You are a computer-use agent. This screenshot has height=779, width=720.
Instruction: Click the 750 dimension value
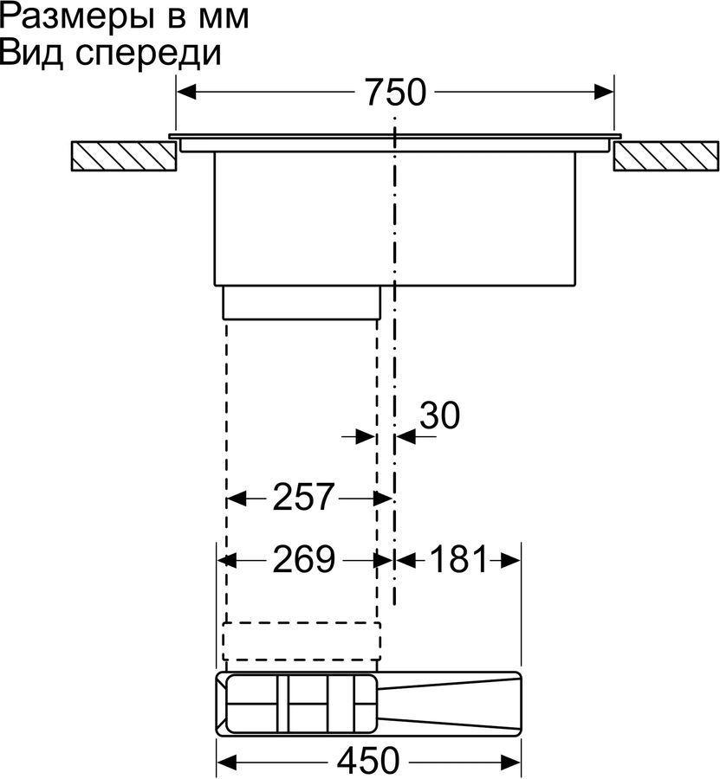click(396, 92)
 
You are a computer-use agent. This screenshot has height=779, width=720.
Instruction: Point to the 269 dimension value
click(304, 559)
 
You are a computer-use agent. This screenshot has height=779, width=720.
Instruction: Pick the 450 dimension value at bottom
click(368, 761)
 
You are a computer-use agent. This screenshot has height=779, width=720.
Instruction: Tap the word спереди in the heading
click(149, 55)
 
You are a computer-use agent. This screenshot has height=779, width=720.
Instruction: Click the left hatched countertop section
click(123, 157)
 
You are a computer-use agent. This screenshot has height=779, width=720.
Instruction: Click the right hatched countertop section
click(665, 157)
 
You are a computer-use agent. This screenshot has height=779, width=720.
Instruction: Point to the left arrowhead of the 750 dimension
click(187, 92)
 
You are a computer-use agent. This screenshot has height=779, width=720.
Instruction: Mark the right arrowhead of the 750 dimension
click(603, 92)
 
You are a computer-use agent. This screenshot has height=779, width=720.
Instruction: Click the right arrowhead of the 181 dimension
click(510, 560)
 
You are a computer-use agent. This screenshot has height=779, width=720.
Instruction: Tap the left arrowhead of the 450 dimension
click(227, 761)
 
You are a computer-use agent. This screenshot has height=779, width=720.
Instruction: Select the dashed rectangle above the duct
click(302, 641)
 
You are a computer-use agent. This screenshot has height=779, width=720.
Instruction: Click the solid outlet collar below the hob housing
click(302, 302)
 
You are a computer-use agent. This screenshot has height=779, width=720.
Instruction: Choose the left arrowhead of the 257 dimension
click(237, 498)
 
